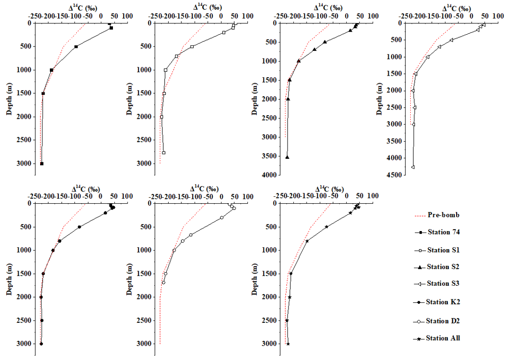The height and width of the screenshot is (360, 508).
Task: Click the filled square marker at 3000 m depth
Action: [42, 164]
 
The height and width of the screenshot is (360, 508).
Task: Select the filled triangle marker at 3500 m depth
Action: [287, 157]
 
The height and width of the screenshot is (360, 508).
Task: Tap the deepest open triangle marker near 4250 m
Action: [413, 167]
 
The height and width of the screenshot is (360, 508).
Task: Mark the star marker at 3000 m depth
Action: [288, 344]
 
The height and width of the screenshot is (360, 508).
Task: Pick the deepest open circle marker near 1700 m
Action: [164, 282]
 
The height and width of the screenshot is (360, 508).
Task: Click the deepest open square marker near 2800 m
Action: [164, 152]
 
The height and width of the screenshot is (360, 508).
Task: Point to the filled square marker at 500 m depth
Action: [76, 46]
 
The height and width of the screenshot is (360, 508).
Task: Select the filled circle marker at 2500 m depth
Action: [42, 320]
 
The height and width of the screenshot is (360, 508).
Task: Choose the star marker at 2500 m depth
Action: [287, 320]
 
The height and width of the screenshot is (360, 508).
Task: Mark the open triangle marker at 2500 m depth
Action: [415, 107]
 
